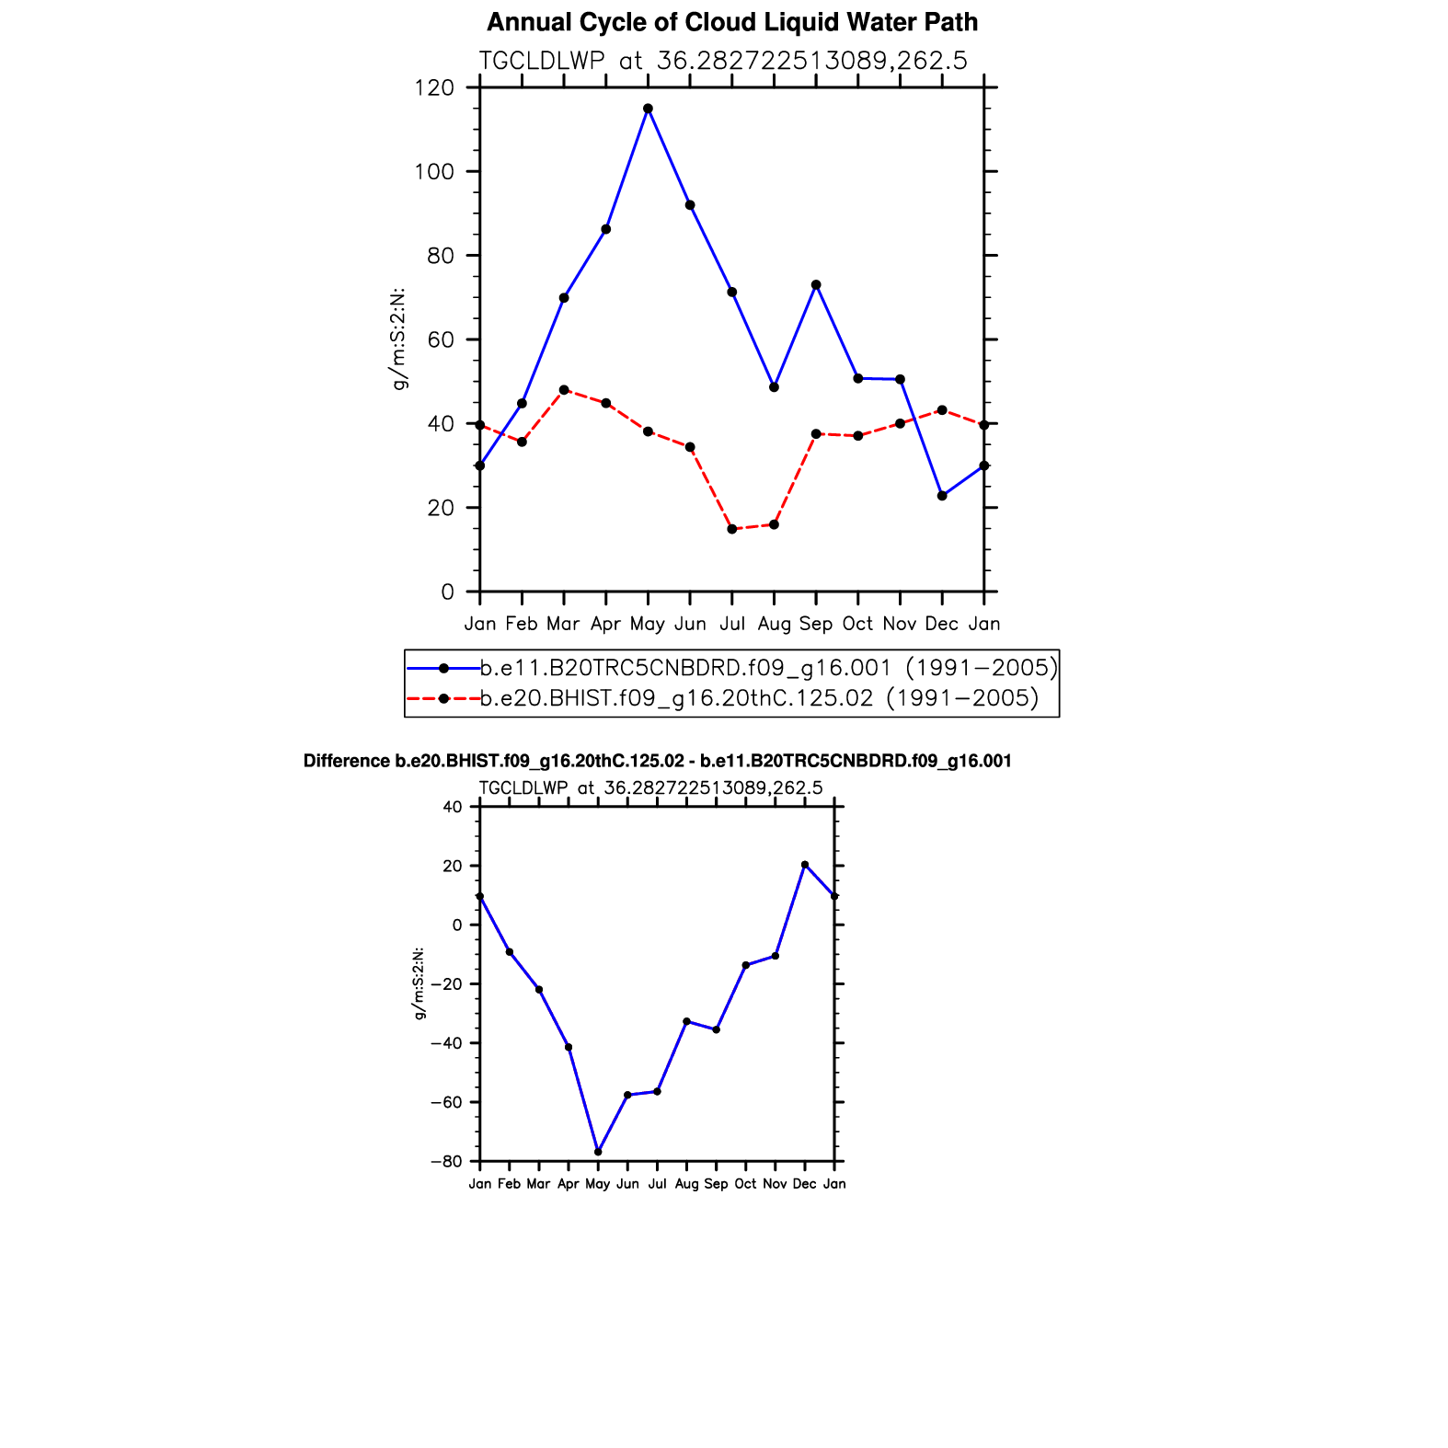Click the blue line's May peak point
tap(648, 109)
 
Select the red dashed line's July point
tap(732, 529)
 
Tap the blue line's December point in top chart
tap(942, 496)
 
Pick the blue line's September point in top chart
tap(816, 285)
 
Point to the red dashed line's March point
tap(564, 390)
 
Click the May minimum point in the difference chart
tap(598, 1152)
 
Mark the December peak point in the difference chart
tap(805, 865)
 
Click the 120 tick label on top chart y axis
tap(434, 88)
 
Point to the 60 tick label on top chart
tap(441, 340)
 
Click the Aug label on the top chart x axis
tap(774, 625)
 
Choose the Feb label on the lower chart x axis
tap(509, 1184)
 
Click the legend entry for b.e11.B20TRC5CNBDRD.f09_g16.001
tap(768, 667)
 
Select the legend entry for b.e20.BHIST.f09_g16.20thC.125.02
tap(759, 698)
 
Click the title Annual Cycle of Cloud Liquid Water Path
tap(732, 22)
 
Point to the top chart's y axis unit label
tap(399, 339)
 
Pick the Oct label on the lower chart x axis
tap(745, 1184)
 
